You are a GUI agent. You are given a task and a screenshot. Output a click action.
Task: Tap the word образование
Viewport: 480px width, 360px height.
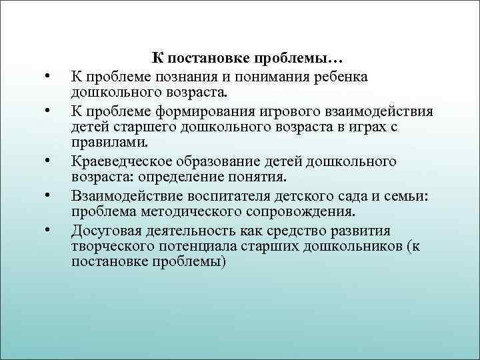point(212,161)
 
